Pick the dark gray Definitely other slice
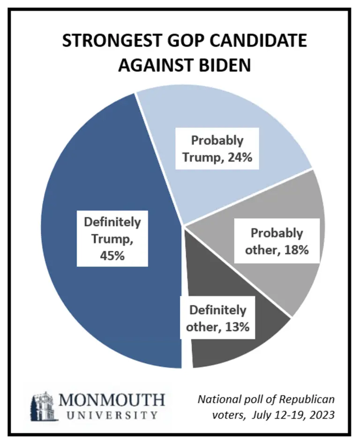pyautogui.click(x=234, y=351)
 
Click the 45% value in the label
pyautogui.click(x=111, y=257)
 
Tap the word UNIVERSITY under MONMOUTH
pyautogui.click(x=112, y=415)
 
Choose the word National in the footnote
pyautogui.click(x=215, y=399)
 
